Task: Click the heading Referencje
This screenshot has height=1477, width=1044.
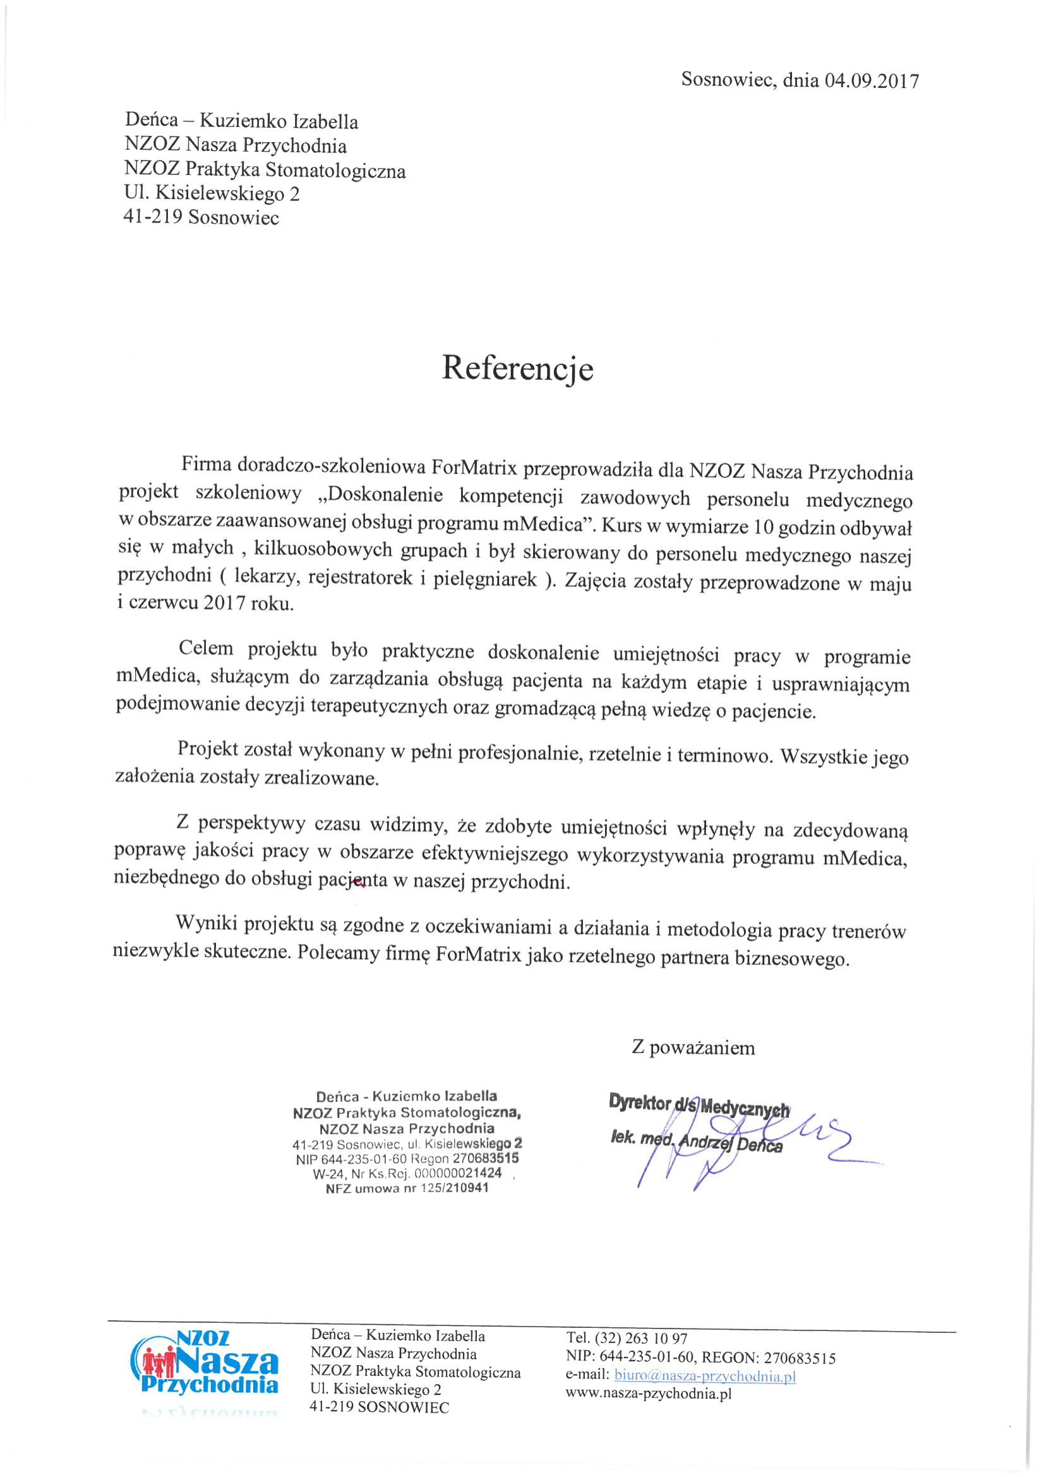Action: point(517,368)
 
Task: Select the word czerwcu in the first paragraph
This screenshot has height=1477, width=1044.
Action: point(160,605)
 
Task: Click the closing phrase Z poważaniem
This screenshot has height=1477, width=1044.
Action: point(693,1048)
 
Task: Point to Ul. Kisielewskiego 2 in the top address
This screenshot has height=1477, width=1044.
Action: point(212,193)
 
